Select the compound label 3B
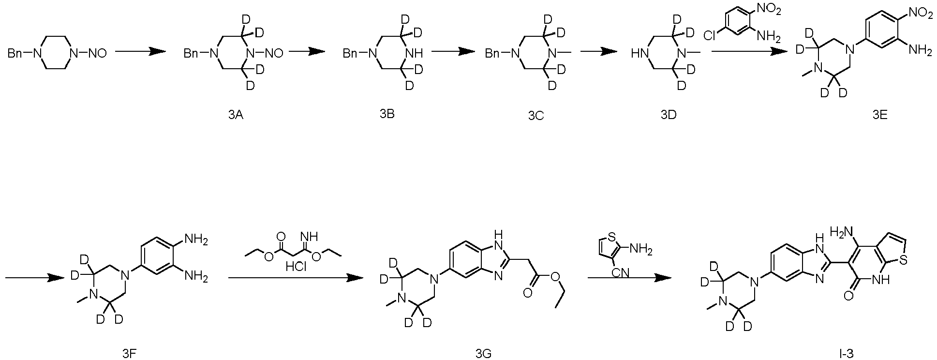point(387,114)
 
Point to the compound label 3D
point(669,115)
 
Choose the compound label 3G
point(484,354)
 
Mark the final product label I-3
point(847,354)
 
